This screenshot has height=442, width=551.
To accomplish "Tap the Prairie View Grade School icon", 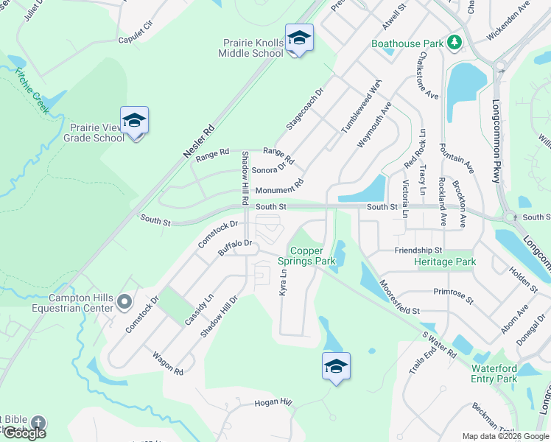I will click(134, 120).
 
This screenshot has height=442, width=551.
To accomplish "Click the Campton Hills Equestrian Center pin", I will click(124, 301).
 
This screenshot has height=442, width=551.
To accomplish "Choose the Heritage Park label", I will click(445, 262).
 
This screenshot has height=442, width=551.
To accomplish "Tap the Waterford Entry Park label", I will click(494, 373).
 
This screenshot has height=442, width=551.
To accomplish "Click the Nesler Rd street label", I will click(198, 142).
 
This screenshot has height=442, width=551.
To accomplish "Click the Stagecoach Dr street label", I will click(305, 110).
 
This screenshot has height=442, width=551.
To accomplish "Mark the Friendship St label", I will click(418, 251).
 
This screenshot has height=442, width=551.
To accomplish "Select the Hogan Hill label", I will click(273, 403).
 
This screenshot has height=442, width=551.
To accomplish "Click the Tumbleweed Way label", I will click(361, 108).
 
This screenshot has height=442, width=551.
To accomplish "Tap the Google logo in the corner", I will click(24, 433).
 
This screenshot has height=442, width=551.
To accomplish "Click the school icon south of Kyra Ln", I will click(336, 366).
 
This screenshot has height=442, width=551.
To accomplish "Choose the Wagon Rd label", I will click(168, 363).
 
